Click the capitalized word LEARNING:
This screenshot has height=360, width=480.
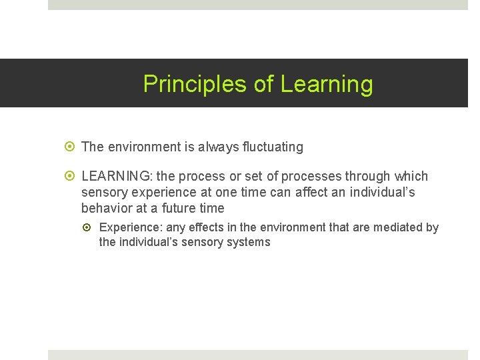pyautogui.click(x=117, y=177)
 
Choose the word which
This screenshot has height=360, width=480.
pyautogui.click(x=411, y=177)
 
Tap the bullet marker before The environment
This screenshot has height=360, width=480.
pyautogui.click(x=72, y=147)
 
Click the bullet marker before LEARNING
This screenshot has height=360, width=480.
pyautogui.click(x=72, y=177)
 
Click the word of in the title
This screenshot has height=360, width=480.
pyautogui.click(x=264, y=85)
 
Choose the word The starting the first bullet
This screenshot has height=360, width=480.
pyautogui.click(x=93, y=147)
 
